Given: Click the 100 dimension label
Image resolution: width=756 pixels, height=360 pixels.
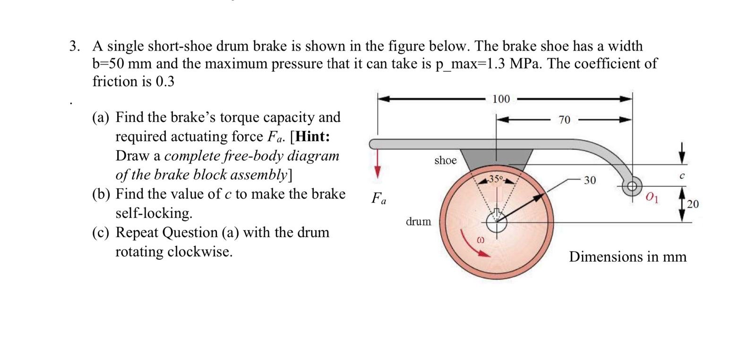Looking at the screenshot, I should [501, 99].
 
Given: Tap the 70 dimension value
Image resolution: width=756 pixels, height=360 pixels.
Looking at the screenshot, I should [564, 120].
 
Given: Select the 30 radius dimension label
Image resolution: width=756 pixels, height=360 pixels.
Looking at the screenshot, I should [590, 180].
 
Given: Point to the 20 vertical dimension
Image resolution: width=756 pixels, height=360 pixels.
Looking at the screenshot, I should [692, 204].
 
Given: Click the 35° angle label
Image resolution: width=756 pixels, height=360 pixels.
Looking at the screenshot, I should [496, 179].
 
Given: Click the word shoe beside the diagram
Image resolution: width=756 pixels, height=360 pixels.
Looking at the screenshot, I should [445, 160].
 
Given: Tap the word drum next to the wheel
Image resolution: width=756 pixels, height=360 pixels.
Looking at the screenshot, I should [418, 221].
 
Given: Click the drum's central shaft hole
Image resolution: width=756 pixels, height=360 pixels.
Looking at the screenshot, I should [496, 223].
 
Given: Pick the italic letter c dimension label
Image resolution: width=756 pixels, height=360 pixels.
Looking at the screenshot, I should [682, 176].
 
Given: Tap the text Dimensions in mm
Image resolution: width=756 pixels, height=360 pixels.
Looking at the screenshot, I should [627, 257].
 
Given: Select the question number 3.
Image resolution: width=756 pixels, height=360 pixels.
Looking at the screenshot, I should [74, 46].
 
